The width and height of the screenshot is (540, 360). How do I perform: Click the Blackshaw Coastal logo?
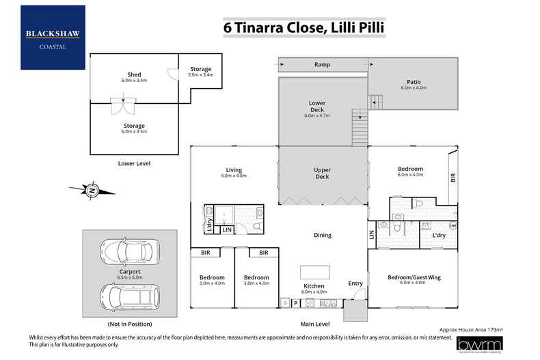coord(53,37)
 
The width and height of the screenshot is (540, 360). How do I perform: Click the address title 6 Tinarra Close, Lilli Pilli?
coord(304,28)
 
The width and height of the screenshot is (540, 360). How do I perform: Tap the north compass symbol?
coord(92,190)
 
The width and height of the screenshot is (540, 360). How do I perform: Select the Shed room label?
coord(134,74)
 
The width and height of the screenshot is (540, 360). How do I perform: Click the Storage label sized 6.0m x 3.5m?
coord(134,126)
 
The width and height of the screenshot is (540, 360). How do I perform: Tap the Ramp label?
coord(322,65)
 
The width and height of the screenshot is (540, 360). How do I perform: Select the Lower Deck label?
coord(316,106)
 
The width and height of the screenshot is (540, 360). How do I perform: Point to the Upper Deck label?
coord(322,173)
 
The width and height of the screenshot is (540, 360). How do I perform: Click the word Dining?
coord(322,235)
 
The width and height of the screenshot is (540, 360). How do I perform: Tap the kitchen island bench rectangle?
coord(314,271)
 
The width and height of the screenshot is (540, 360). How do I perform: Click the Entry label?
coord(355,283)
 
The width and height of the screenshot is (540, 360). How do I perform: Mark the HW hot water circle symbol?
coord(452,226)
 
